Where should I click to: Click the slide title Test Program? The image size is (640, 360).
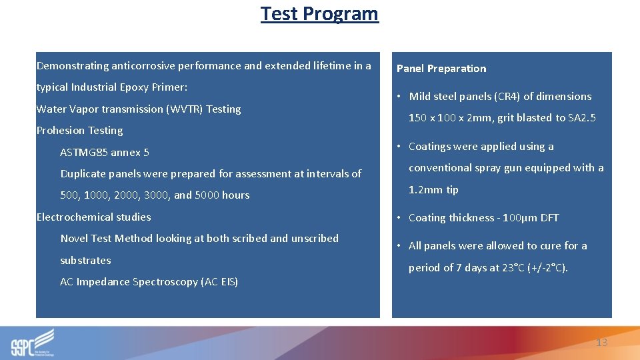click(319, 13)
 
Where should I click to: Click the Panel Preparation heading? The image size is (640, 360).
click(441, 69)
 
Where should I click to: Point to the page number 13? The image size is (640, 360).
click(601, 342)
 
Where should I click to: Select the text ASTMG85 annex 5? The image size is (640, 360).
click(105, 153)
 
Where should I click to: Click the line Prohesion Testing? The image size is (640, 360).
click(79, 131)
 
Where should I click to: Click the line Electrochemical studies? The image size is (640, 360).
click(93, 217)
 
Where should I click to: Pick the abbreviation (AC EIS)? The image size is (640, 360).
click(219, 282)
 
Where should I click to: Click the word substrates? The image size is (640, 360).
click(85, 261)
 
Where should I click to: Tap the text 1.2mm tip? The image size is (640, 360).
click(433, 190)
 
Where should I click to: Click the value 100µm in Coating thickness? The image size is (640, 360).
click(518, 218)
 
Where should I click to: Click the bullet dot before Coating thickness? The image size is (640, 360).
click(399, 218)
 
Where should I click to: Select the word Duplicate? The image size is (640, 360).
click(83, 174)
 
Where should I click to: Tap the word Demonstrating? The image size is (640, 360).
click(72, 66)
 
